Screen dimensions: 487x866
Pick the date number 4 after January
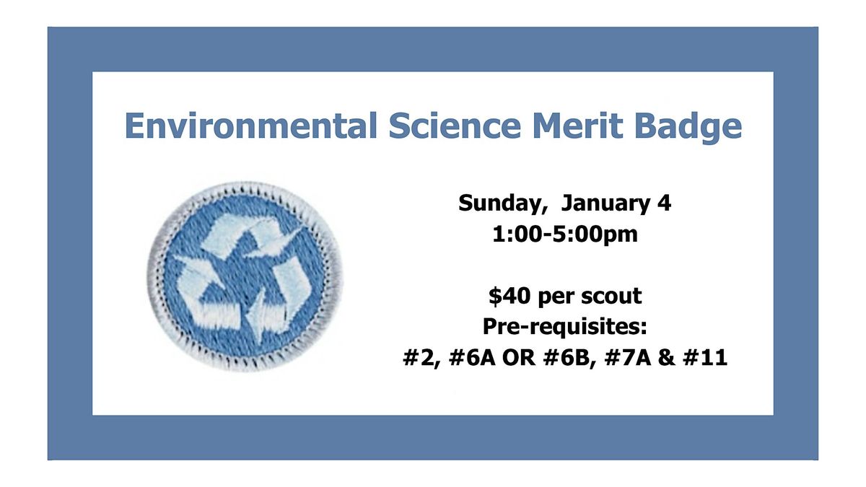pyautogui.click(x=665, y=204)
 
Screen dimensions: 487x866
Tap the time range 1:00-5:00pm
pyautogui.click(x=565, y=234)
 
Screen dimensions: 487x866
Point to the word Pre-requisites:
pyautogui.click(x=565, y=327)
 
